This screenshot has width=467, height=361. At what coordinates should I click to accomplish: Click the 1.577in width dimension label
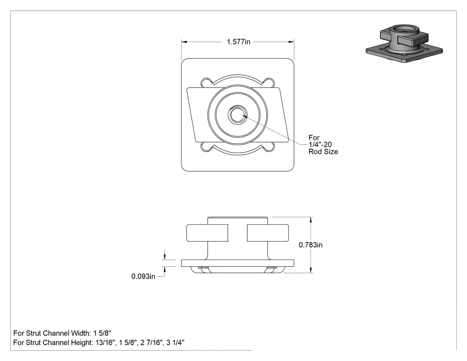click(238, 42)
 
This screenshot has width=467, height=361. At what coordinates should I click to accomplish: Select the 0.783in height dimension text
click(310, 245)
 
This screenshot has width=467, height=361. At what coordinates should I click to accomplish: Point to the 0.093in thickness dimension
click(143, 276)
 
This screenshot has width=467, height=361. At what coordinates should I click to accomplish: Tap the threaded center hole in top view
click(238, 114)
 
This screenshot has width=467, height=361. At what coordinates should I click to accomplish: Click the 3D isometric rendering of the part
click(404, 44)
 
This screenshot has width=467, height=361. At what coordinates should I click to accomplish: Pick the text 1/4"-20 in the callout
click(320, 145)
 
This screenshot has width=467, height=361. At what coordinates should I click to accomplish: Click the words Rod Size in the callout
click(323, 152)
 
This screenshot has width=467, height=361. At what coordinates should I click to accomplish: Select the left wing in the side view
click(207, 233)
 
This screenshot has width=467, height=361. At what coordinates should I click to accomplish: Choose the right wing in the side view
click(268, 233)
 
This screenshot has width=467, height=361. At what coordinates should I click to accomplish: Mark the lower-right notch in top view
click(269, 146)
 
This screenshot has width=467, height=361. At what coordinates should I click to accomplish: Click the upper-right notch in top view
click(269, 83)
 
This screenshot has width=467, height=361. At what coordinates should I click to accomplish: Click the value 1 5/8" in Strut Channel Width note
click(102, 333)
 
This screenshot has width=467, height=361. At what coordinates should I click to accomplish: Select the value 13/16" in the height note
click(105, 342)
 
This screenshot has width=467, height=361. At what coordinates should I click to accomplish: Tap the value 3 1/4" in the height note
click(175, 342)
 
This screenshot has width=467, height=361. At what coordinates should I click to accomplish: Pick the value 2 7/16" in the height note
click(152, 342)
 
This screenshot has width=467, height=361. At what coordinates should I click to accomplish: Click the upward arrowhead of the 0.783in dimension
click(311, 219)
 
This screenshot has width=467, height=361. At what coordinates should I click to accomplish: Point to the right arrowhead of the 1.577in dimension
click(291, 42)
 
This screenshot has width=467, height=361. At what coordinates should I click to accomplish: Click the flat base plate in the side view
click(238, 263)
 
